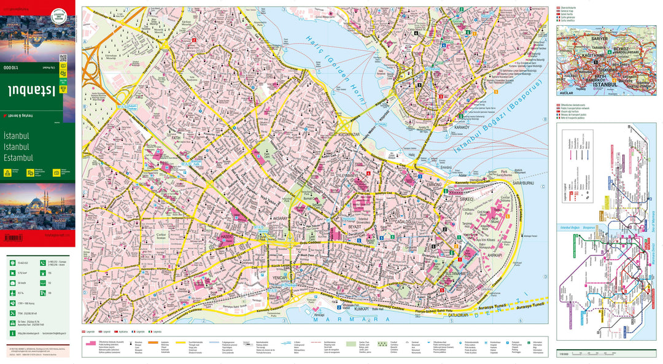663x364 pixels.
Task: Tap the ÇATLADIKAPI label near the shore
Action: click(x=453, y=315)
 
